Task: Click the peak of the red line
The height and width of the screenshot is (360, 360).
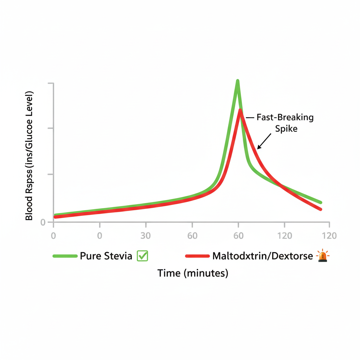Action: [240, 111]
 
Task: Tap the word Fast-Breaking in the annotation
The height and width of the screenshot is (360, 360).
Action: [285, 117]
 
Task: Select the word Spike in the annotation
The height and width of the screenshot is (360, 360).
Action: [286, 129]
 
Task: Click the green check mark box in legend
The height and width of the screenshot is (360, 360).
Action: [142, 256]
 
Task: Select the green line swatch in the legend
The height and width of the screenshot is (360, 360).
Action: [65, 256]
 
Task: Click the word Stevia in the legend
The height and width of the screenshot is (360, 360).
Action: [118, 256]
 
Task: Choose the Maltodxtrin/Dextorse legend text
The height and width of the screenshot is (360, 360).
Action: [262, 256]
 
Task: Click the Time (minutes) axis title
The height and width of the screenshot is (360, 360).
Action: [193, 273]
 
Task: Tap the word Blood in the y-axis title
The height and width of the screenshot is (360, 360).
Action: [29, 208]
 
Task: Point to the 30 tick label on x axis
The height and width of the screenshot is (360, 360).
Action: [146, 236]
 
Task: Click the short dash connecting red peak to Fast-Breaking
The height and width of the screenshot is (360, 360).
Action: [250, 118]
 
